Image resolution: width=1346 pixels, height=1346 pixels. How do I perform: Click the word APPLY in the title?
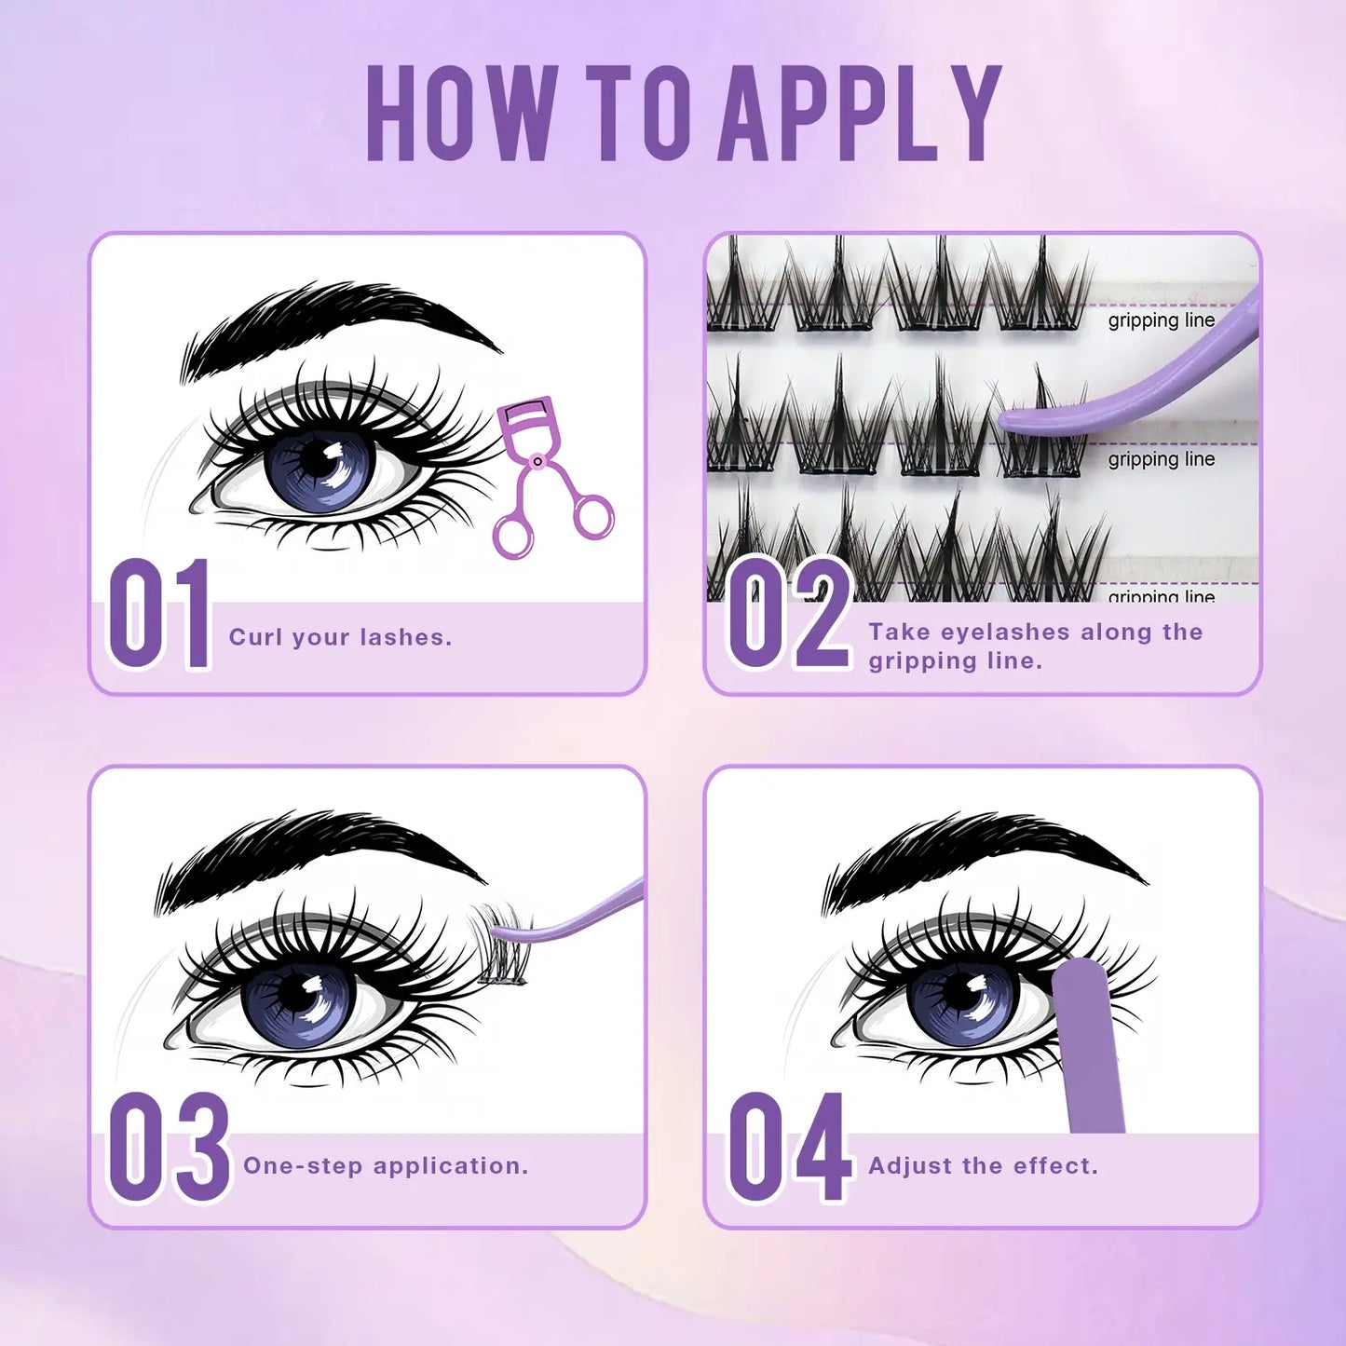pos(860,114)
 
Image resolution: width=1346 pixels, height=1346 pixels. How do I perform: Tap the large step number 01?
pos(160,614)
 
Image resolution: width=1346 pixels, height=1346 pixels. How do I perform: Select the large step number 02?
pos(789,612)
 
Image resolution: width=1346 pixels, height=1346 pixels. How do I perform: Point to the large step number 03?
pos(169,1147)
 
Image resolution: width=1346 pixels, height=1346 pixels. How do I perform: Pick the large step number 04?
pos(789,1147)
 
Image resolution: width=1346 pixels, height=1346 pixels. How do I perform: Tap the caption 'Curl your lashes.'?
pos(340,637)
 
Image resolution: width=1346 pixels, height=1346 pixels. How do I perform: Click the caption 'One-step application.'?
pos(386,1165)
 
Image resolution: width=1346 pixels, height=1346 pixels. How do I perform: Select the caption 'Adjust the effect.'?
pos(983,1165)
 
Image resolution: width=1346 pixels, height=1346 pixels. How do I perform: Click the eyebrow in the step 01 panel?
pos(340,317)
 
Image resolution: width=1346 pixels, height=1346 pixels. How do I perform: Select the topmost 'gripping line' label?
pos(1161,320)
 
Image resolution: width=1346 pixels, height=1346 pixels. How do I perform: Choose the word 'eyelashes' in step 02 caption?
pos(1005,632)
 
